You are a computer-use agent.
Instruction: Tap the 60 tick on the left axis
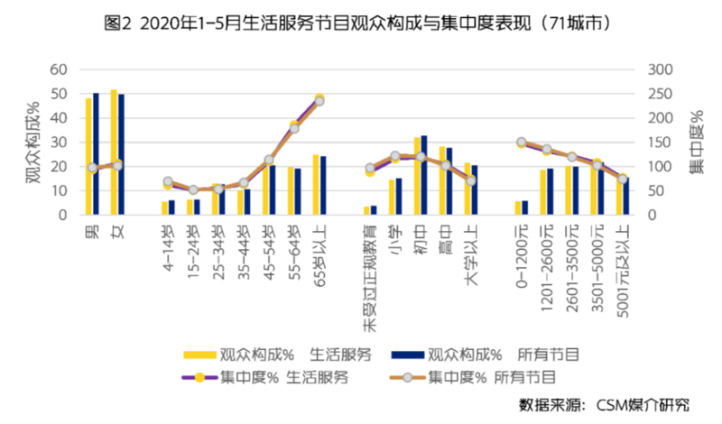point(59,69)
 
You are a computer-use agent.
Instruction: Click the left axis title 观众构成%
point(32,143)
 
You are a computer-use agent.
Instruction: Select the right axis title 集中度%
point(697,143)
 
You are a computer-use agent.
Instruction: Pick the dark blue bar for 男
point(96,153)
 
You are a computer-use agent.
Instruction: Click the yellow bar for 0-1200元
point(518,208)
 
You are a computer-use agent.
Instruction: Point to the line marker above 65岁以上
point(319,100)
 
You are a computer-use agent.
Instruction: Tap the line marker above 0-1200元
point(522,143)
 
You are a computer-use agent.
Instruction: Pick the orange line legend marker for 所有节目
point(407,377)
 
